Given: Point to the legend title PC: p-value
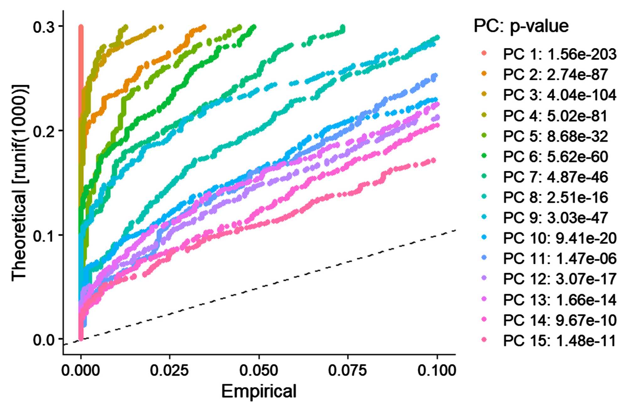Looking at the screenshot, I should pyautogui.click(x=521, y=26).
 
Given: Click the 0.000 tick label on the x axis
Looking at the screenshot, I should pyautogui.click(x=80, y=371).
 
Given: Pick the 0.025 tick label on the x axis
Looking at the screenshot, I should pyautogui.click(x=170, y=371).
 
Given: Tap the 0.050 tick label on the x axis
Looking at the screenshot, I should pyautogui.click(x=259, y=371).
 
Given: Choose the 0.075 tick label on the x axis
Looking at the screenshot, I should pyautogui.click(x=348, y=371).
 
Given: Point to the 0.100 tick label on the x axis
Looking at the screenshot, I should pyautogui.click(x=437, y=371).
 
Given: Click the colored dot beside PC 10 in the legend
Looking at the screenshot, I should pyautogui.click(x=484, y=238).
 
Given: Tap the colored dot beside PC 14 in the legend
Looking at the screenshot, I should pyautogui.click(x=484, y=320).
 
